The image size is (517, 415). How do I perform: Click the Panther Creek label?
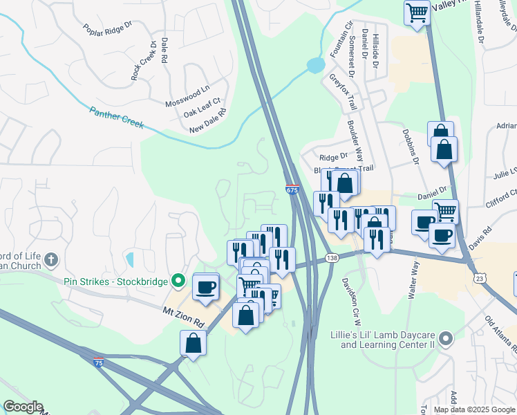[x=116, y=117]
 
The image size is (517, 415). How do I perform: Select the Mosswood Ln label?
[x=187, y=97]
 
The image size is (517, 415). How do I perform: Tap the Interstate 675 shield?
[x=292, y=190]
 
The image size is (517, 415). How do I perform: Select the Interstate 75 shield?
[x=99, y=361]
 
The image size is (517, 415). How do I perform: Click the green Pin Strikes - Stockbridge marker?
[x=178, y=280]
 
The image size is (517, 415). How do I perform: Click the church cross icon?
[x=50, y=261]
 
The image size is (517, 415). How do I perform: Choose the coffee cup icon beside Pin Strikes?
[x=205, y=287]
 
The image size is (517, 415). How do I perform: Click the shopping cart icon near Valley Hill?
[x=417, y=12]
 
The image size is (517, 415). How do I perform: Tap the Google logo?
[x=23, y=407]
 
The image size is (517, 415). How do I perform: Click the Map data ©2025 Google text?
[x=474, y=409]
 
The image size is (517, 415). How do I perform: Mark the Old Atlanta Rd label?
[x=499, y=333]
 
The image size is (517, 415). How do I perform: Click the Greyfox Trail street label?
[x=344, y=92]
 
